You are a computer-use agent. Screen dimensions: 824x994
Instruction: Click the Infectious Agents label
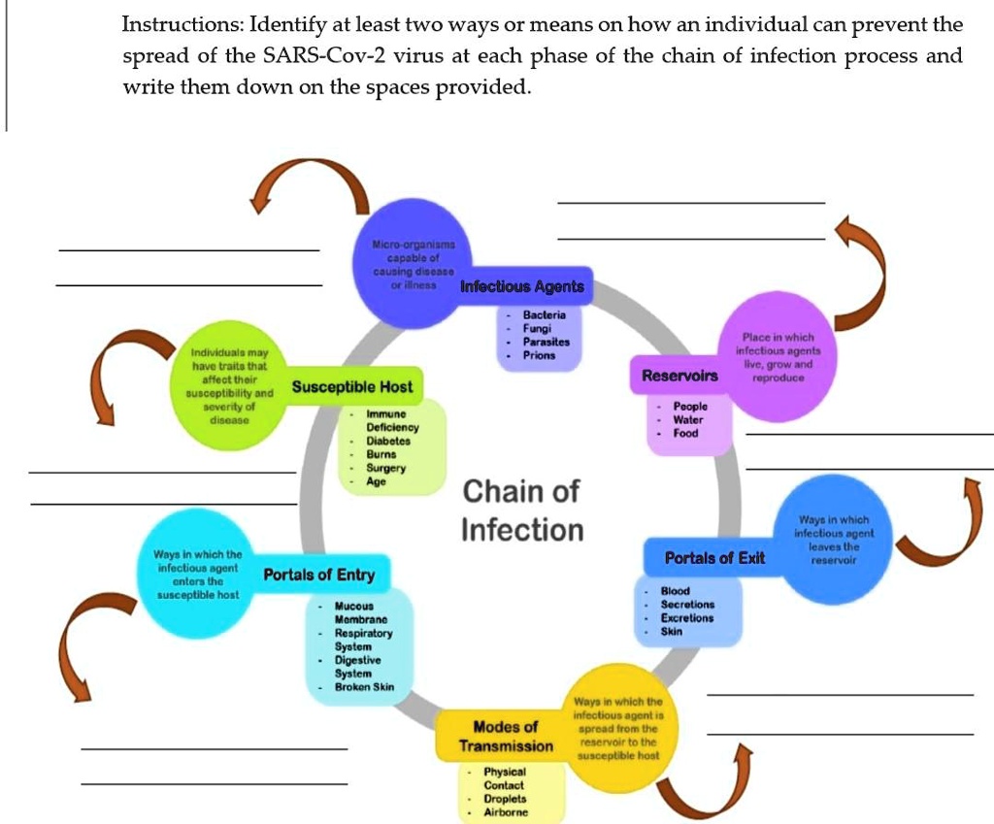(x=522, y=286)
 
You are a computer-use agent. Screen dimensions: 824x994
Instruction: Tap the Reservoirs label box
(x=680, y=376)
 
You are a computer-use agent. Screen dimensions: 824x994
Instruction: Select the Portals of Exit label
(x=714, y=558)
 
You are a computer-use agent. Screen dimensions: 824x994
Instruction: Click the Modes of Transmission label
(x=505, y=737)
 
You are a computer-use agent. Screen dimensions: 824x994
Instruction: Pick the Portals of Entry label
(x=319, y=575)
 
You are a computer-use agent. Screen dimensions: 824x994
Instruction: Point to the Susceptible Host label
(x=352, y=387)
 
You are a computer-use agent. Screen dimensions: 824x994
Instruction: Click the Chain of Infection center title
(x=521, y=511)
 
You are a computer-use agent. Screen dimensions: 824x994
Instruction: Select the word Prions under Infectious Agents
(x=539, y=355)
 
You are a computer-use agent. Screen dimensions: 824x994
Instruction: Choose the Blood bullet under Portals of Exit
(x=675, y=591)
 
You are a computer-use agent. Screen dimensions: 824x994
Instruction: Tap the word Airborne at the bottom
(x=506, y=812)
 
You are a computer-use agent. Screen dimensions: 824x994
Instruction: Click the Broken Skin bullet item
(x=364, y=687)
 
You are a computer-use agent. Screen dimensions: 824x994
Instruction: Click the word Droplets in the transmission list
(x=505, y=799)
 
